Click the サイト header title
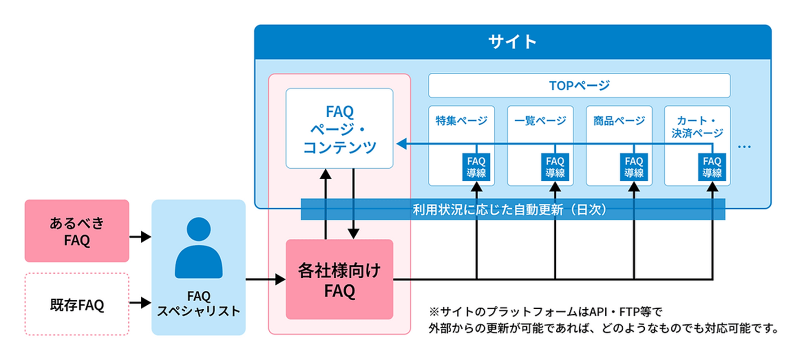tap(512, 42)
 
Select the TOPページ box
tap(579, 85)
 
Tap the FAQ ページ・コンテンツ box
tap(339, 129)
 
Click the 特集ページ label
tap(461, 120)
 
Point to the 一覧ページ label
tap(540, 120)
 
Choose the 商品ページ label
tap(619, 120)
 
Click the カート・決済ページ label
tap(697, 127)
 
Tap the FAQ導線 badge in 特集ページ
tap(476, 167)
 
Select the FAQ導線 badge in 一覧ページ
tap(555, 167)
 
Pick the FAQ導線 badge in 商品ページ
tap(633, 167)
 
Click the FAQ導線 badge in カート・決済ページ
tap(712, 167)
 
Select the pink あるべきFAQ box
tap(77, 231)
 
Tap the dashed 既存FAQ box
tap(77, 305)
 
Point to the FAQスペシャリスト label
tap(198, 304)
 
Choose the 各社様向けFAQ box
tap(339, 280)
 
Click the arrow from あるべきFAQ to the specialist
tap(140, 237)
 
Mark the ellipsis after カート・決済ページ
tap(744, 147)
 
